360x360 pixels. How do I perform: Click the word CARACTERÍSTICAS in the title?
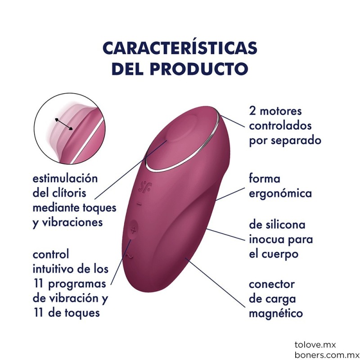[x=180, y=48]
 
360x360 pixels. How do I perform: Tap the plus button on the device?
[x=133, y=230]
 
